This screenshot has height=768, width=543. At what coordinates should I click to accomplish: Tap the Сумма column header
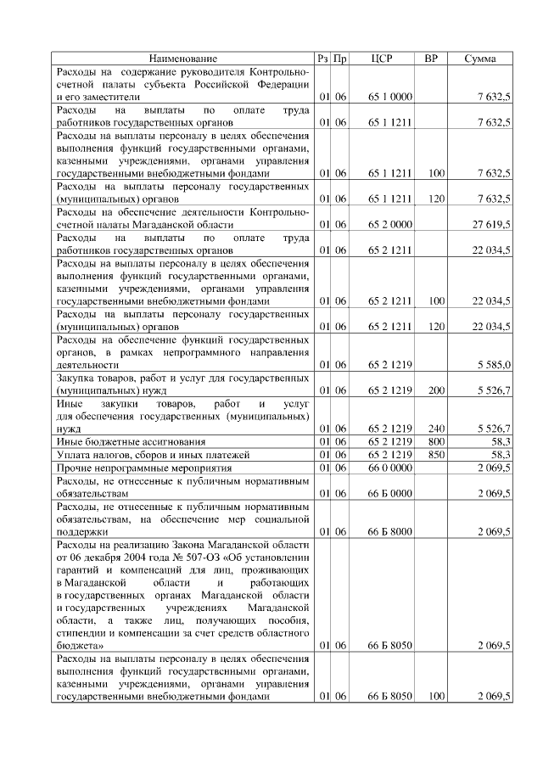tap(480, 59)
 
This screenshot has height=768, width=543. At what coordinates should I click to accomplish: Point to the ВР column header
tap(431, 59)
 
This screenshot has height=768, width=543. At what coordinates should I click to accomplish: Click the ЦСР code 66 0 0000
tap(390, 468)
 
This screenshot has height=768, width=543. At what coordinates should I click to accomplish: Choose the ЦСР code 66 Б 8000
tap(390, 531)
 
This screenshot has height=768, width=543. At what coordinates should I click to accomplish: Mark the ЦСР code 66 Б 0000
tap(390, 493)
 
